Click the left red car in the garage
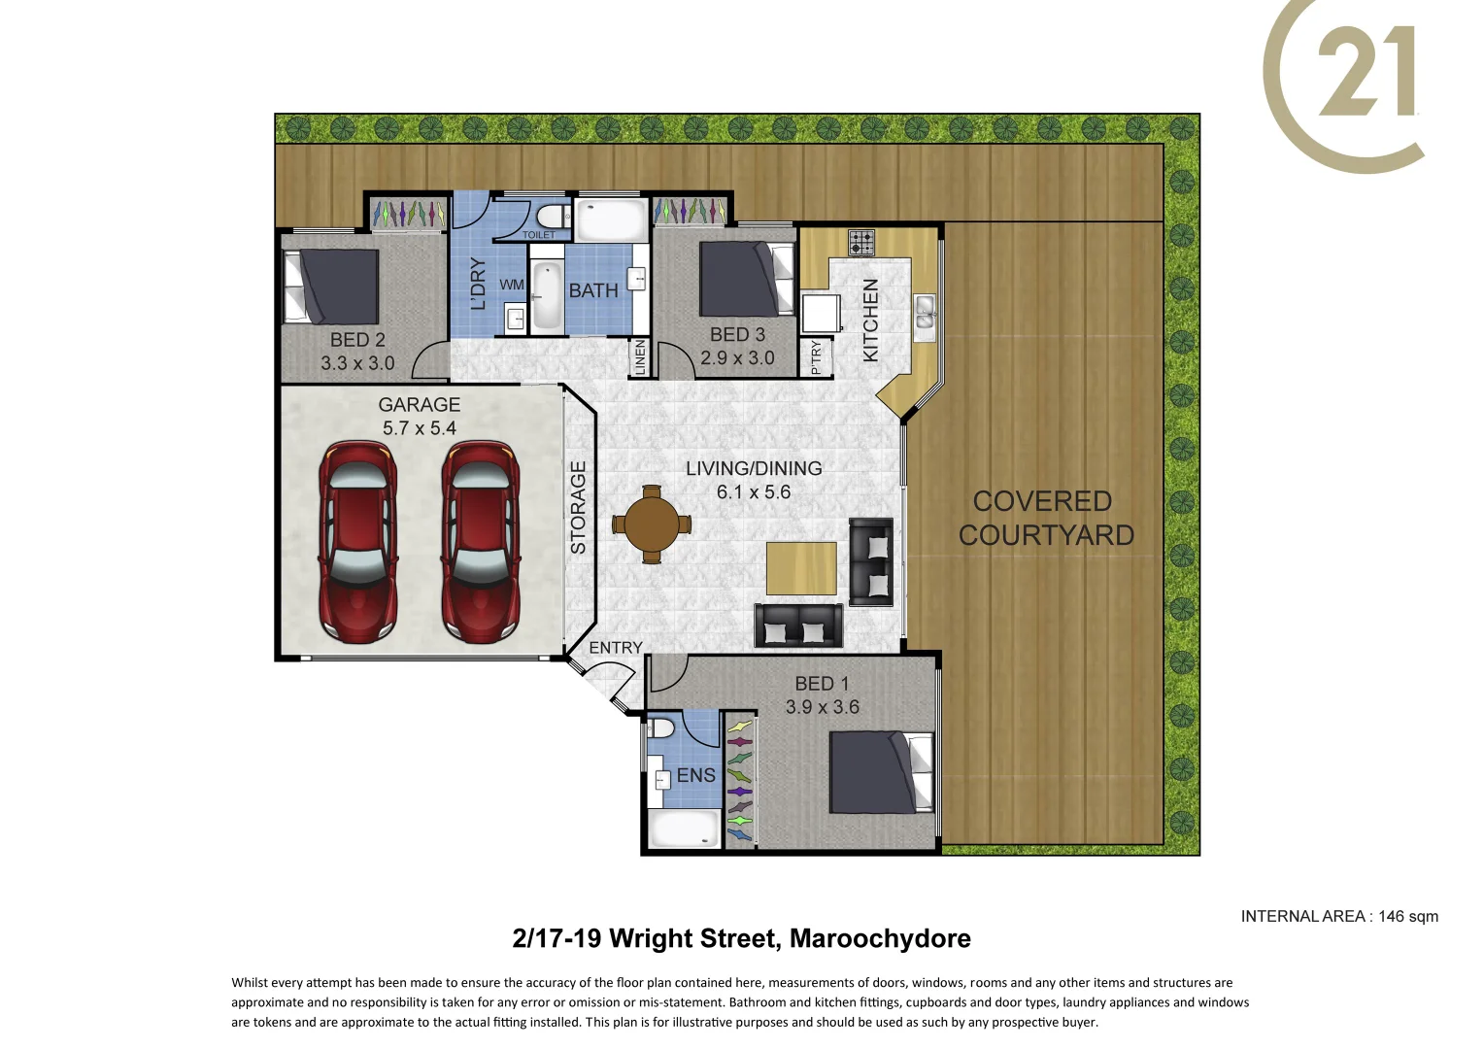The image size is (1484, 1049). (x=357, y=542)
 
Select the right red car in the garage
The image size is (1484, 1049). (x=480, y=542)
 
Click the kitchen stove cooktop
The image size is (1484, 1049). (x=860, y=242)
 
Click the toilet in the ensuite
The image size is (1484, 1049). (x=663, y=728)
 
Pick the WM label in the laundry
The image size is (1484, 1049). (x=512, y=285)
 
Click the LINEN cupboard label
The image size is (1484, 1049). (x=639, y=357)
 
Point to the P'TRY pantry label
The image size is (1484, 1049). (x=816, y=356)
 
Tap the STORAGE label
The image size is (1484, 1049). (x=579, y=508)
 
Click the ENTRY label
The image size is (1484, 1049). (x=616, y=648)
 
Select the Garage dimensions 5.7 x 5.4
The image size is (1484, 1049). (x=419, y=428)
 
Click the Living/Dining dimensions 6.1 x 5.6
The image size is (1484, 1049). (x=754, y=492)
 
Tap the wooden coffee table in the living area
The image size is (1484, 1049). (x=801, y=568)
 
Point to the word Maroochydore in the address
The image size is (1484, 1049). (x=880, y=938)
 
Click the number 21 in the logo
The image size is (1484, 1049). (x=1367, y=72)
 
